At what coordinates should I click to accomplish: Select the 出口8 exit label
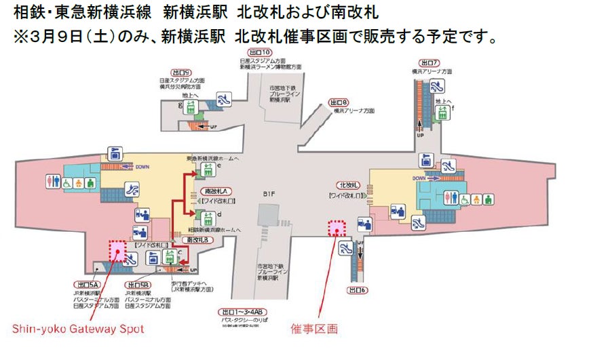tap(339, 102)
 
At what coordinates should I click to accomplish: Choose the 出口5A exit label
tap(86, 285)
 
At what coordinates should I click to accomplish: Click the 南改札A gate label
tap(215, 192)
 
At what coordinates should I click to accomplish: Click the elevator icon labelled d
tap(205, 217)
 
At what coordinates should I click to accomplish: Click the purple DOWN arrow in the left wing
tap(123, 167)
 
